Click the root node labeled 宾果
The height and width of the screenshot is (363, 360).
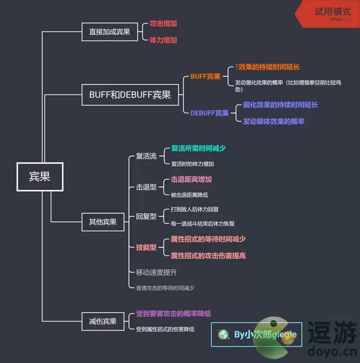click(40, 176)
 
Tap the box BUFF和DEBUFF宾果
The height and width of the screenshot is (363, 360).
click(130, 95)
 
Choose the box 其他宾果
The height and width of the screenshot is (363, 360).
click(103, 221)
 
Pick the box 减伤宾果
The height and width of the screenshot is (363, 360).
click(103, 321)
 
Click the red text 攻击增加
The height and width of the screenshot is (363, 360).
click(163, 23)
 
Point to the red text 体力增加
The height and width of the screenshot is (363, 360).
click(163, 40)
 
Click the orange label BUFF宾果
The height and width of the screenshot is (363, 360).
click(205, 76)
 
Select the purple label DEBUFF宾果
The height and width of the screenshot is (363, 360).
click(209, 113)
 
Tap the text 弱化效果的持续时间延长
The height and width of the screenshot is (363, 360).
click(280, 105)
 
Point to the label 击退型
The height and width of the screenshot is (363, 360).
click(146, 187)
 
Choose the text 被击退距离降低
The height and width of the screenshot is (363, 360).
click(189, 195)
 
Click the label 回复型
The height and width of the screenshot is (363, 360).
click(146, 216)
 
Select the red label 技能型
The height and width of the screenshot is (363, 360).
click(146, 247)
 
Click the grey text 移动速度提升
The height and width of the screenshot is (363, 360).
click(156, 272)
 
